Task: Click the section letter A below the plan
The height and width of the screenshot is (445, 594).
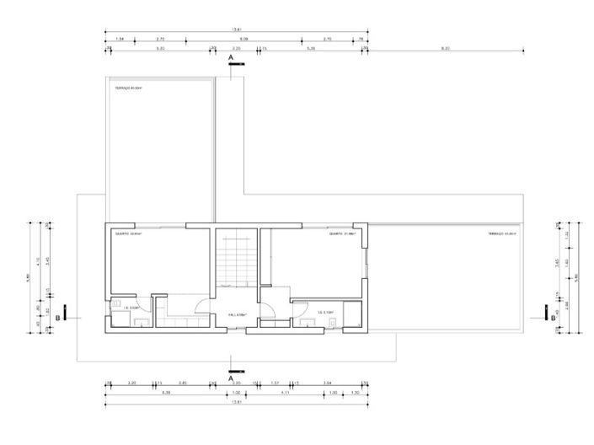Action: click(231, 378)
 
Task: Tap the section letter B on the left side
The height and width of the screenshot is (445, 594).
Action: click(57, 318)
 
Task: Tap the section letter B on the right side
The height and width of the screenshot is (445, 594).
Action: click(552, 318)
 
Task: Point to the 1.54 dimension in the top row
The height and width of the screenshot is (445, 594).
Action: click(120, 39)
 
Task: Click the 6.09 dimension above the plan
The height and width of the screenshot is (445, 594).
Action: click(243, 39)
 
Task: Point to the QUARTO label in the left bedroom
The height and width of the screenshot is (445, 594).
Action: click(129, 233)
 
